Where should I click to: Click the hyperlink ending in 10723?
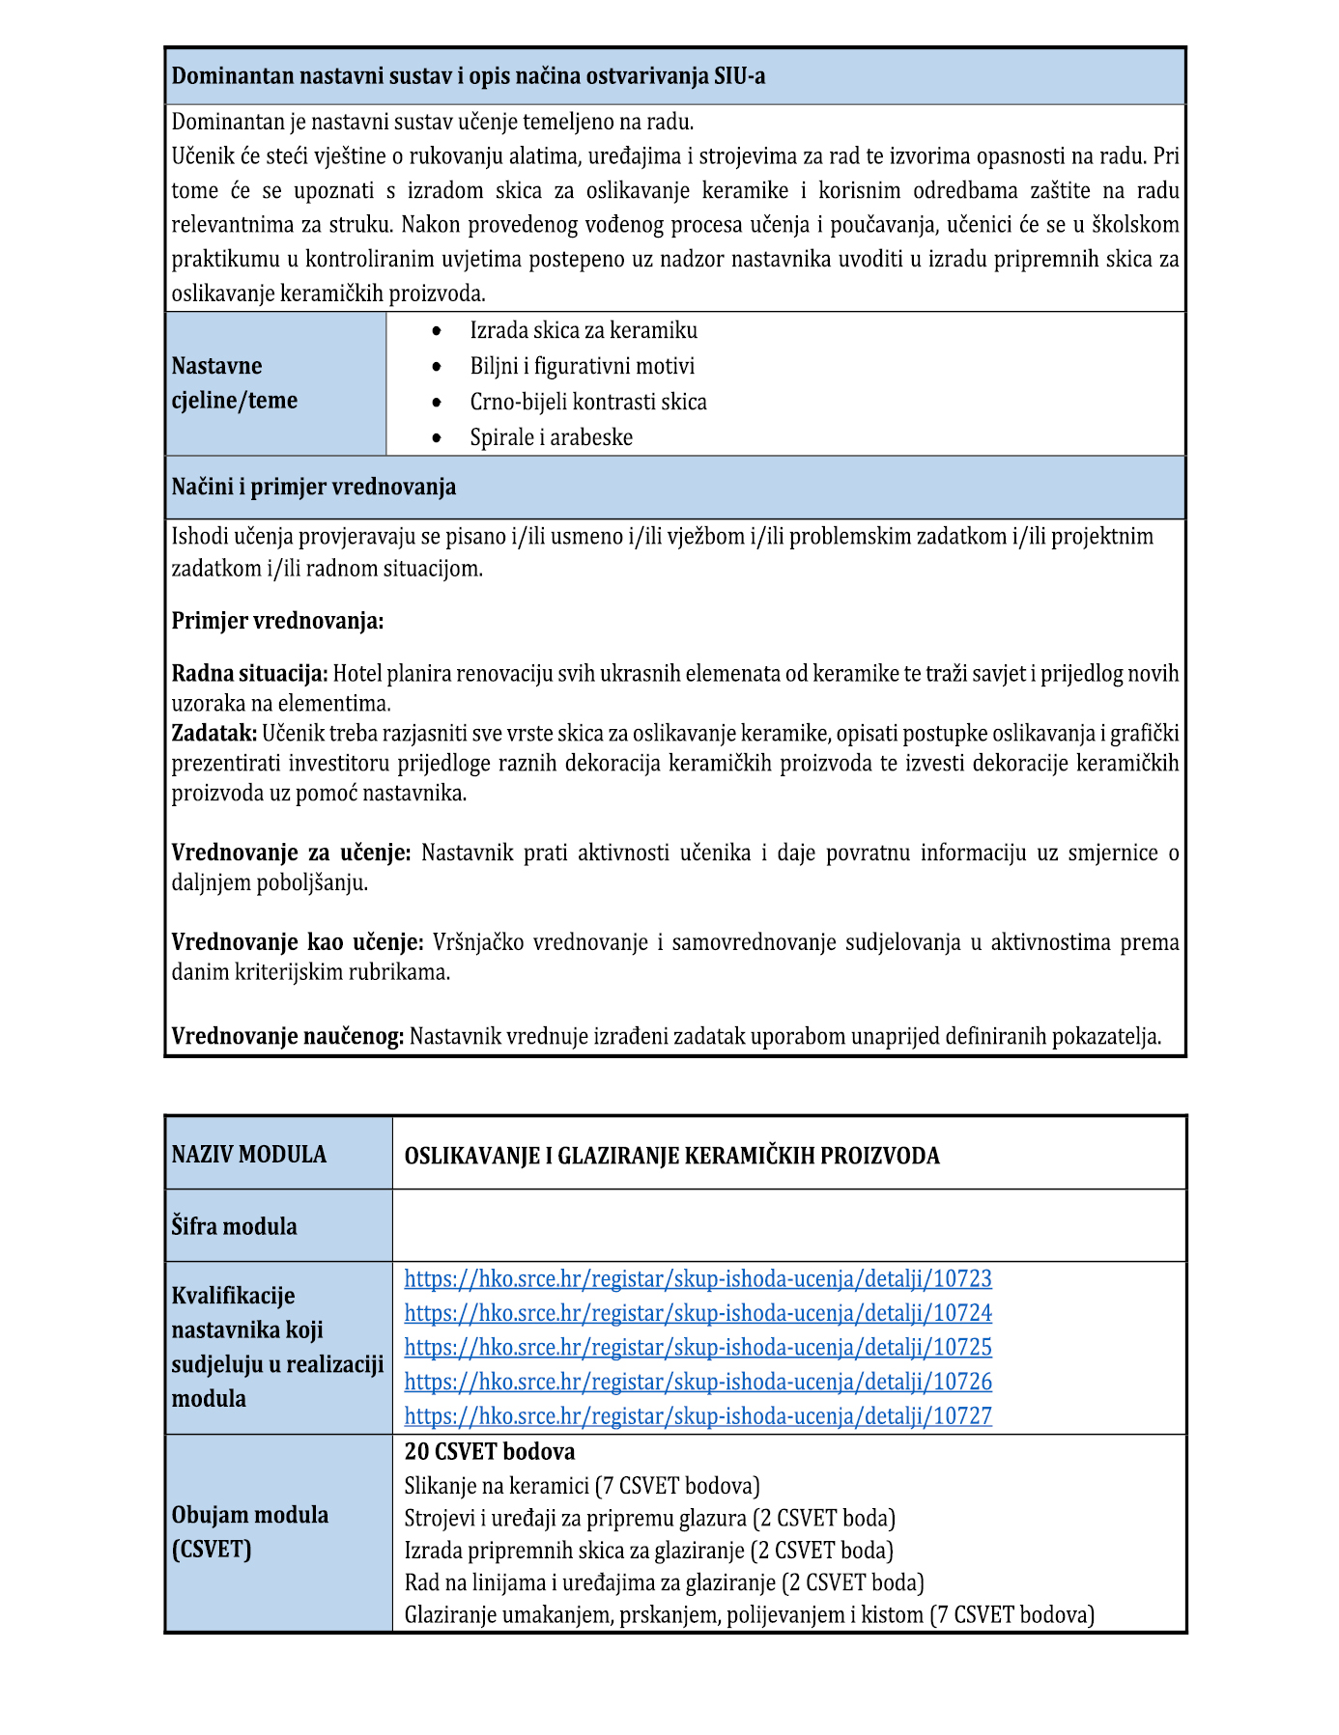[x=698, y=1278]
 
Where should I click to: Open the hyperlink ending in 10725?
[x=698, y=1347]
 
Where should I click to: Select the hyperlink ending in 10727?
[x=698, y=1415]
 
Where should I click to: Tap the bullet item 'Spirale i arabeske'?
[x=551, y=437]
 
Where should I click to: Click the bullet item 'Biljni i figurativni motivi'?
[x=582, y=366]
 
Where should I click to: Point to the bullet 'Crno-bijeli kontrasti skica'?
[x=587, y=402]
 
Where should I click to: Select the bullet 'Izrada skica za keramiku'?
[x=583, y=330]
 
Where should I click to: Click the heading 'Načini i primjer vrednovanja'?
[x=314, y=487]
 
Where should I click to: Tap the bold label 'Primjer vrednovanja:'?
[x=277, y=621]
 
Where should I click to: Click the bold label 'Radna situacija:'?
[x=249, y=673]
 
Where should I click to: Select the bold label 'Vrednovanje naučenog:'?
[x=288, y=1036]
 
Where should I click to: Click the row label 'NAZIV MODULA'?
[x=249, y=1154]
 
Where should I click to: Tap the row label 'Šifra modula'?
[x=234, y=1226]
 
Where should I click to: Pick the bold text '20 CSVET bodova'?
[x=489, y=1451]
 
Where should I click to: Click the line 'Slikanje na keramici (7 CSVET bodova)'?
[x=582, y=1485]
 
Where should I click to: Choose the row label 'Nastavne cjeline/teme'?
[x=235, y=383]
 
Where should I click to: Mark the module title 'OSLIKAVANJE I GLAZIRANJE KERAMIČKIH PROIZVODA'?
[x=671, y=1156]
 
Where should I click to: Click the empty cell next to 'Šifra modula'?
[x=788, y=1225]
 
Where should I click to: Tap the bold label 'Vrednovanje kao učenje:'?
[x=298, y=941]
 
